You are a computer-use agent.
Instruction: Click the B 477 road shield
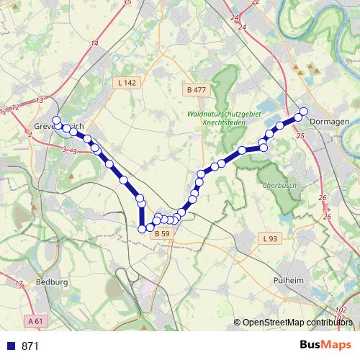pos(196,90)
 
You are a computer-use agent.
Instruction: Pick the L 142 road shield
pos(126,84)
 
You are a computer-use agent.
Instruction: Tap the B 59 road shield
pos(163,233)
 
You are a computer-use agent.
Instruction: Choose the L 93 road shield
pos(269,238)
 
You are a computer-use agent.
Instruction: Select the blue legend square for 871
pos(11,346)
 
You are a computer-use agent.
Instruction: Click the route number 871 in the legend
pos(30,346)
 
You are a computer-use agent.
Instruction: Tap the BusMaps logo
pos(325,345)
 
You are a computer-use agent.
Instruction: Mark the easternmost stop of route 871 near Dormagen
pos(303,111)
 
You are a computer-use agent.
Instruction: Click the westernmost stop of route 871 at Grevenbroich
pos(56,120)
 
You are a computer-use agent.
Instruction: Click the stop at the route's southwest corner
pos(142,229)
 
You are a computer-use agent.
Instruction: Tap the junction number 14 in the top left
pos(94,44)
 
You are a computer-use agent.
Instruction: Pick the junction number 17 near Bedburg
pos(19,283)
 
